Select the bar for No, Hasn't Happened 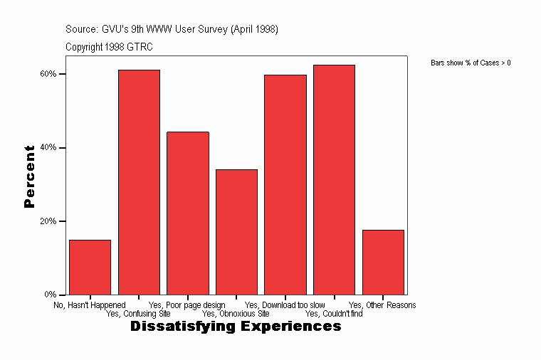point(90,267)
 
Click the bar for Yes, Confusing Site point(139,182)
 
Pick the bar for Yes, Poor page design point(188,213)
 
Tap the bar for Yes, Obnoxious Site point(236,232)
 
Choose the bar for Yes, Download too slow point(285,184)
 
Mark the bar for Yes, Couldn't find point(334,179)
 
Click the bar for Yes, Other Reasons point(383,262)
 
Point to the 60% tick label point(48,74)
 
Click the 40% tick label point(48,148)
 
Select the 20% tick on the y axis point(48,221)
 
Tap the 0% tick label point(50,295)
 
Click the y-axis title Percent point(29,176)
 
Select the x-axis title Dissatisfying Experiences point(236,327)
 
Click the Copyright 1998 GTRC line point(109,47)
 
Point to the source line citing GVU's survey point(172,29)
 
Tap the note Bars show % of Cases point(471,63)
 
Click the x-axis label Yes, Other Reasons point(382,305)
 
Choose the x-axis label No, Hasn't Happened point(90,305)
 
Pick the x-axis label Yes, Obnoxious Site point(236,313)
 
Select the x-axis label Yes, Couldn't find point(334,313)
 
